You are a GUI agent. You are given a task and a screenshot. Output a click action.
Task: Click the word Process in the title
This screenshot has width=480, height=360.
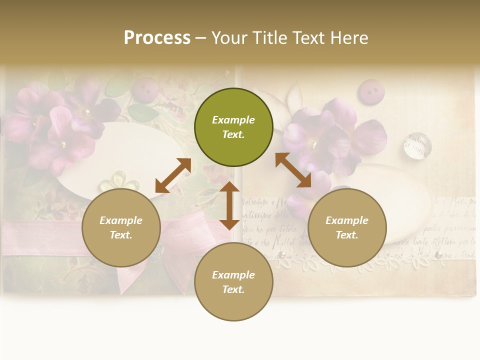click(x=157, y=38)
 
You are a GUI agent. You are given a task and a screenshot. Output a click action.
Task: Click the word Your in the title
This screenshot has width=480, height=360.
click(x=230, y=38)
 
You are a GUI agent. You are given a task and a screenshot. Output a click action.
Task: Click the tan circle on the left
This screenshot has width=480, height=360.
click(x=121, y=228)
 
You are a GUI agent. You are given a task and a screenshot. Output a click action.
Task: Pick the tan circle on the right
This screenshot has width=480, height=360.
click(x=347, y=228)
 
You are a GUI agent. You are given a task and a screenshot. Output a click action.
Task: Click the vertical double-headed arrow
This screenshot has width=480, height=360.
click(x=229, y=205)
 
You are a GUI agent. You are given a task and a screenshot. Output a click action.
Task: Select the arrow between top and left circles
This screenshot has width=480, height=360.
click(x=173, y=175)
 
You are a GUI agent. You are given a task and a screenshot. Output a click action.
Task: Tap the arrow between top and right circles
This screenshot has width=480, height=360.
click(x=293, y=170)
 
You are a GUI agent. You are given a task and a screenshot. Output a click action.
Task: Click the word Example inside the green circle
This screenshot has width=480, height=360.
click(x=233, y=120)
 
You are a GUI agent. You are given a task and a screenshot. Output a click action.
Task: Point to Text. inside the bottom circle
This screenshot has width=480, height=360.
click(x=233, y=289)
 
